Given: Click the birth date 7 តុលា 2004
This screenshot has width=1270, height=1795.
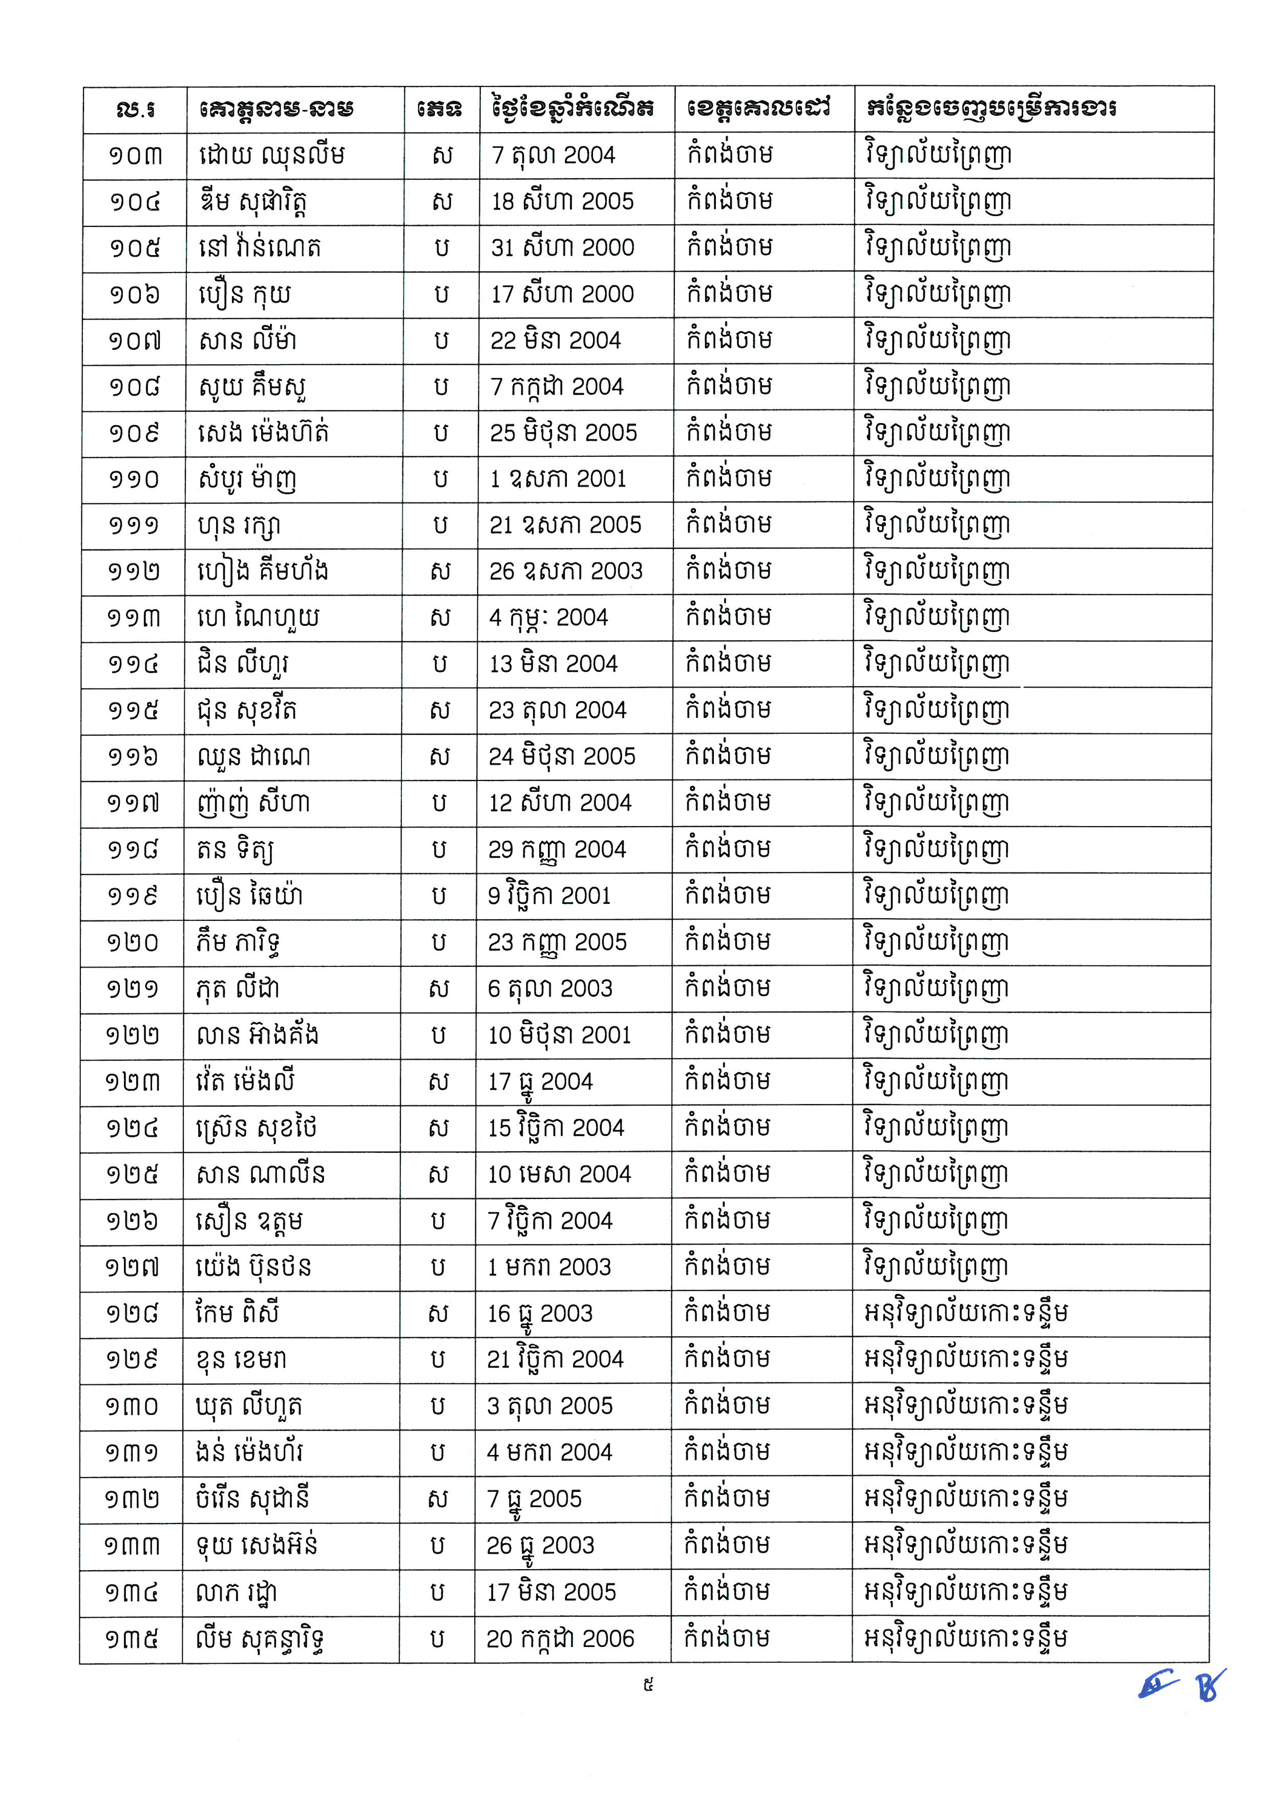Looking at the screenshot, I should pyautogui.click(x=553, y=155).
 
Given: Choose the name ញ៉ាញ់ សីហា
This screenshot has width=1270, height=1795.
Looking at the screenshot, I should pyautogui.click(x=252, y=803).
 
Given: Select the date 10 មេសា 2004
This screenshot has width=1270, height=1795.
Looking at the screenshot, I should pyautogui.click(x=559, y=1174).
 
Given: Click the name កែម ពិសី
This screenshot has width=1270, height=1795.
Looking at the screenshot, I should pyautogui.click(x=237, y=1313).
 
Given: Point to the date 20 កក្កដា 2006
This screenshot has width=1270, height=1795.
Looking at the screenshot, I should pyautogui.click(x=560, y=1639).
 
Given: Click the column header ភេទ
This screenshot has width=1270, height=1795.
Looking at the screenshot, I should pyautogui.click(x=440, y=109).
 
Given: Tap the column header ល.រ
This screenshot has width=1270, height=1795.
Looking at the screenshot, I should pyautogui.click(x=135, y=109).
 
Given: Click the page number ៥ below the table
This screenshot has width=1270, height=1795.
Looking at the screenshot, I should pyautogui.click(x=648, y=1685).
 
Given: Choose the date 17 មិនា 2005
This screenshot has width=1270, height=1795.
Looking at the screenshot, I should pyautogui.click(x=552, y=1592).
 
